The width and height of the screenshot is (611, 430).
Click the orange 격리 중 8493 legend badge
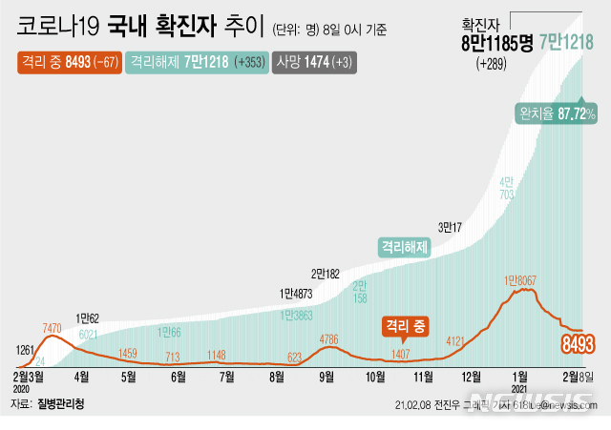69,62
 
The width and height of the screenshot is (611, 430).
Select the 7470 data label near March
53,329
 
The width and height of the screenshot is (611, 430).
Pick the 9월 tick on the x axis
327,377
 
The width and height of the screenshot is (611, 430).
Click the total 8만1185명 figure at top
496,42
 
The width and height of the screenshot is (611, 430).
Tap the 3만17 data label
452,228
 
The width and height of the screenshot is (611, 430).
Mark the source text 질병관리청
60,404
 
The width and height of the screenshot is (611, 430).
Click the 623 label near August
294,358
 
